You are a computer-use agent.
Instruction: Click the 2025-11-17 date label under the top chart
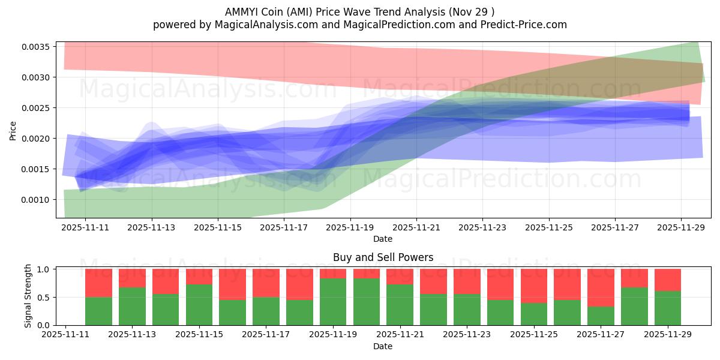pos(284,227)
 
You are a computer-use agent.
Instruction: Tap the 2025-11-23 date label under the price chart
pos(482,227)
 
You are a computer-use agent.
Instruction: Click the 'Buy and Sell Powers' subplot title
pos(383,257)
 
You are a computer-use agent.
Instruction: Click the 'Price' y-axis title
pos(13,131)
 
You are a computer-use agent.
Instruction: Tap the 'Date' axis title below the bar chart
pos(383,346)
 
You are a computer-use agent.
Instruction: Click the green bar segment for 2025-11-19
pos(333,302)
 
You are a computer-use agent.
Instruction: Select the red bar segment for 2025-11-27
pos(601,288)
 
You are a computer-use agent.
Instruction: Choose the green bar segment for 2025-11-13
pos(132,306)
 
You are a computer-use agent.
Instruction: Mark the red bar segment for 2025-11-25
pos(534,286)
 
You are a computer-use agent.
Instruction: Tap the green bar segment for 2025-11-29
pos(667,308)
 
